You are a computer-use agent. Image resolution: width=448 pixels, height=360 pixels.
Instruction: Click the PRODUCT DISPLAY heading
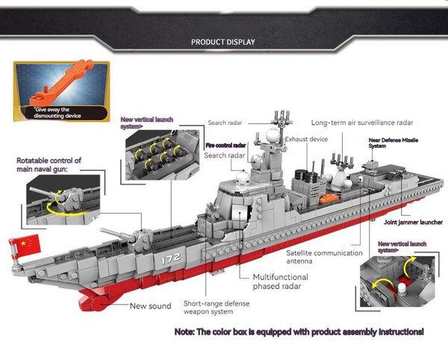tap(223, 42)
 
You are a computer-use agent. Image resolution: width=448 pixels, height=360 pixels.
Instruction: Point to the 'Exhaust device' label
tap(306, 140)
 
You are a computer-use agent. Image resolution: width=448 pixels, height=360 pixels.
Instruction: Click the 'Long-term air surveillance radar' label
tap(362, 122)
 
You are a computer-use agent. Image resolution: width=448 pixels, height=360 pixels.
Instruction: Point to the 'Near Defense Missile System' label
tap(388, 143)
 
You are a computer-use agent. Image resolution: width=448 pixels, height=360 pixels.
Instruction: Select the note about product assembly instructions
tap(299, 331)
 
